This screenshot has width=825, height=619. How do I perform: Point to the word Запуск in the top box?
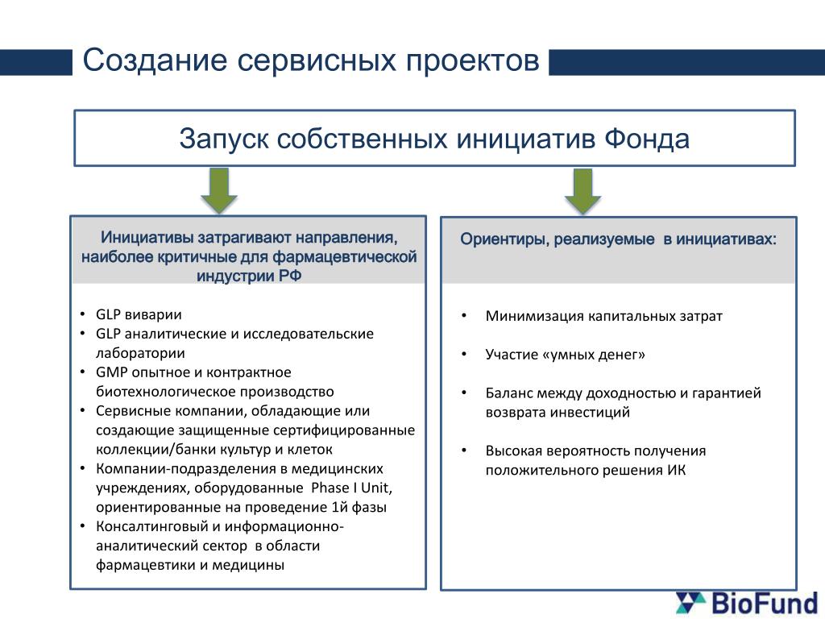tap(223, 139)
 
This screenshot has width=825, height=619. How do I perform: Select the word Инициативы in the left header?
tap(147, 239)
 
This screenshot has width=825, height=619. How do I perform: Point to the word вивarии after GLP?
tap(151, 314)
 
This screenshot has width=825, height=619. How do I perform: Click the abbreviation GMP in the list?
tap(111, 372)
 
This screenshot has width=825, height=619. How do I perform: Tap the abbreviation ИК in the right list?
tap(676, 470)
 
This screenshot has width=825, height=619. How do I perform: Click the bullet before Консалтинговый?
tap(85, 527)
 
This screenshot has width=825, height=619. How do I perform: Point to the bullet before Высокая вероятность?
tap(464, 451)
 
